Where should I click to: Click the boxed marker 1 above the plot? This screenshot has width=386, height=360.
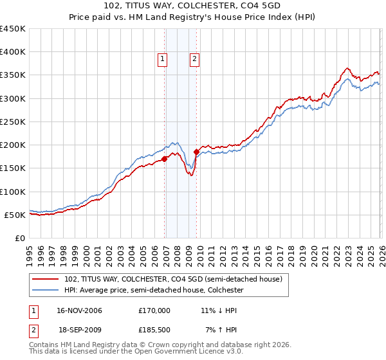pyautogui.click(x=162, y=60)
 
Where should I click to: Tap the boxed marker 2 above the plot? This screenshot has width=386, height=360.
pyautogui.click(x=194, y=60)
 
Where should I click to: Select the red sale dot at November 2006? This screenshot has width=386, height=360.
pyautogui.click(x=165, y=159)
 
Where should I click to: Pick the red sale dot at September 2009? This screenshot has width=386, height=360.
pyautogui.click(x=197, y=152)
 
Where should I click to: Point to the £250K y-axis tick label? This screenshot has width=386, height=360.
pyautogui.click(x=13, y=122)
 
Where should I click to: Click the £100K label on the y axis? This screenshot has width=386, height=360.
pyautogui.click(x=13, y=192)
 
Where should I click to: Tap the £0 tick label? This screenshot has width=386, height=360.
pyautogui.click(x=19, y=238)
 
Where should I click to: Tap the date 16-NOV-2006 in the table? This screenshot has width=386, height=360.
pyautogui.click(x=79, y=310)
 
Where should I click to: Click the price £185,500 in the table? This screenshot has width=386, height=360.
pyautogui.click(x=154, y=329)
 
